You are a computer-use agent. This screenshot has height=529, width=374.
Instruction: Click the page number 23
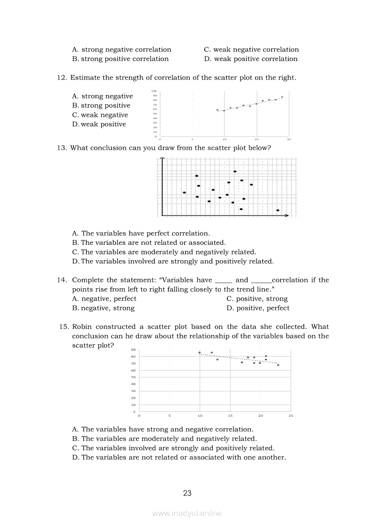[187, 493]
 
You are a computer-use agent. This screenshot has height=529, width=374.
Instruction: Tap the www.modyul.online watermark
[187, 513]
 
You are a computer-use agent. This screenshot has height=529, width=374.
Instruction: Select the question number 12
[62, 77]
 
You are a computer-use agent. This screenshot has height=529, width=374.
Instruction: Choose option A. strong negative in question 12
[102, 96]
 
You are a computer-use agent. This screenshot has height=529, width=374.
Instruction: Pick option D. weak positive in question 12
[99, 124]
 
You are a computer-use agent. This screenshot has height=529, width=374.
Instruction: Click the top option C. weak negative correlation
[251, 49]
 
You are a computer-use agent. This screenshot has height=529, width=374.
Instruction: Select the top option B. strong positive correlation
[120, 59]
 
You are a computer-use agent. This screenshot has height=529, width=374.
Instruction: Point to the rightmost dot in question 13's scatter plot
[278, 210]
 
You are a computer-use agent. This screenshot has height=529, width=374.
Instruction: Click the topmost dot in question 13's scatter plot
[235, 172]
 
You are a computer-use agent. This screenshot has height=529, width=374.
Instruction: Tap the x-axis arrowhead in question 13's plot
[287, 216]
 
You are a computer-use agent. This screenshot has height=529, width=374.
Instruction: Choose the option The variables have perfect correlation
[141, 234]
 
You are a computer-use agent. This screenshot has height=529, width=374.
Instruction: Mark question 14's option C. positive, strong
[257, 299]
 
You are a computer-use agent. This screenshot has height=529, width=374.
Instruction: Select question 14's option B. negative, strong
[103, 308]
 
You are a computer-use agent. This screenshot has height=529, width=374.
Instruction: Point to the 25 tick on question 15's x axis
[291, 415]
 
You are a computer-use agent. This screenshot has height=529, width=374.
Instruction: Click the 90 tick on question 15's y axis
[134, 350]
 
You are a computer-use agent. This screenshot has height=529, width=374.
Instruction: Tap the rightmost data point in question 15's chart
[278, 365]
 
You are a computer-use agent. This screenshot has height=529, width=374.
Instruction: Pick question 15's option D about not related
[179, 457]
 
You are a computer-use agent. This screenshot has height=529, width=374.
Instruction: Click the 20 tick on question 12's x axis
[289, 139]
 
